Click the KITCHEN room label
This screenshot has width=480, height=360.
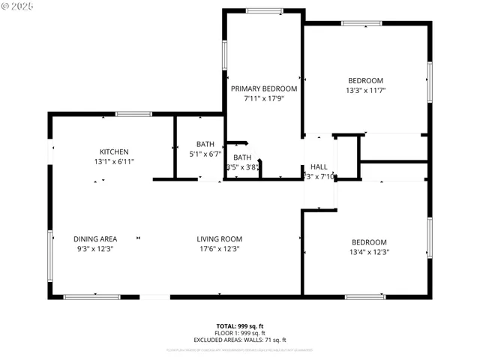pyautogui.click(x=114, y=151)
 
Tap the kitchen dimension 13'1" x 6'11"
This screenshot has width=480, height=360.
pyautogui.click(x=114, y=161)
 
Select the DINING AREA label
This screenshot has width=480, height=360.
pyautogui.click(x=94, y=239)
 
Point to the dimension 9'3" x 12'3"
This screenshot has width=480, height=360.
pyautogui.click(x=94, y=249)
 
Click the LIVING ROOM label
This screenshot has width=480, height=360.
pyautogui.click(x=219, y=239)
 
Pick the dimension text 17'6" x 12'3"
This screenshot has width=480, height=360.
pyautogui.click(x=219, y=249)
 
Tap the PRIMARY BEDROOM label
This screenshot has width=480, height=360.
pyautogui.click(x=264, y=88)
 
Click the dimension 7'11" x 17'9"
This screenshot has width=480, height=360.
pyautogui.click(x=264, y=98)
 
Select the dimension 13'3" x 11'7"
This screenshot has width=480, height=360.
pyautogui.click(x=365, y=91)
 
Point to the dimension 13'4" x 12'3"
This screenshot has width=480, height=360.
pyautogui.click(x=369, y=252)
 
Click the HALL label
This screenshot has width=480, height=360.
pyautogui.click(x=319, y=167)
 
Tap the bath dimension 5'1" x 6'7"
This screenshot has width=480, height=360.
pyautogui.click(x=205, y=154)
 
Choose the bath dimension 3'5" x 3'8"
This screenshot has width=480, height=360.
pyautogui.click(x=242, y=167)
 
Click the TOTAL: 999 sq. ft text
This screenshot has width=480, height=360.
pyautogui.click(x=240, y=325)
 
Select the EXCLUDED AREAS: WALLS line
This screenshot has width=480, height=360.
pyautogui.click(x=240, y=339)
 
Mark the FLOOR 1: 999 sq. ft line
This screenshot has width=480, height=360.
pyautogui.click(x=240, y=332)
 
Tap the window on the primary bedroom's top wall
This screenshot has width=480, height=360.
pyautogui.click(x=263, y=10)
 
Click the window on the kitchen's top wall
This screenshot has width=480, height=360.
pyautogui.click(x=133, y=114)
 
